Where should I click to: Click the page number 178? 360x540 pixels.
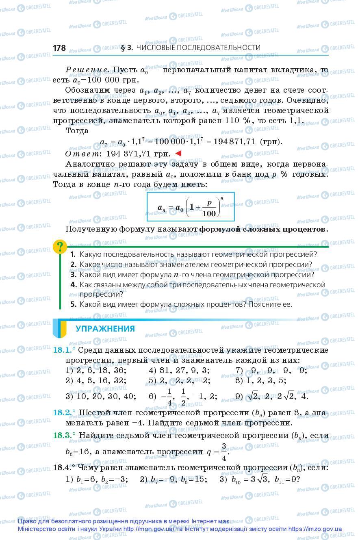click(x=59, y=48)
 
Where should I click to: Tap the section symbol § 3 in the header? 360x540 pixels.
click(x=127, y=48)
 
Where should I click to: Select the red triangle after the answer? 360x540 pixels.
click(x=178, y=153)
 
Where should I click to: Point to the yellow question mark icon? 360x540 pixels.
click(x=60, y=246)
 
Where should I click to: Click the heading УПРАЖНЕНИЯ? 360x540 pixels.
click(x=105, y=329)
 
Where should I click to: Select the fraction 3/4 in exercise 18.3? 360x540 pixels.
click(x=223, y=451)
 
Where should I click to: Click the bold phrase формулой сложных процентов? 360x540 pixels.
click(x=263, y=229)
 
